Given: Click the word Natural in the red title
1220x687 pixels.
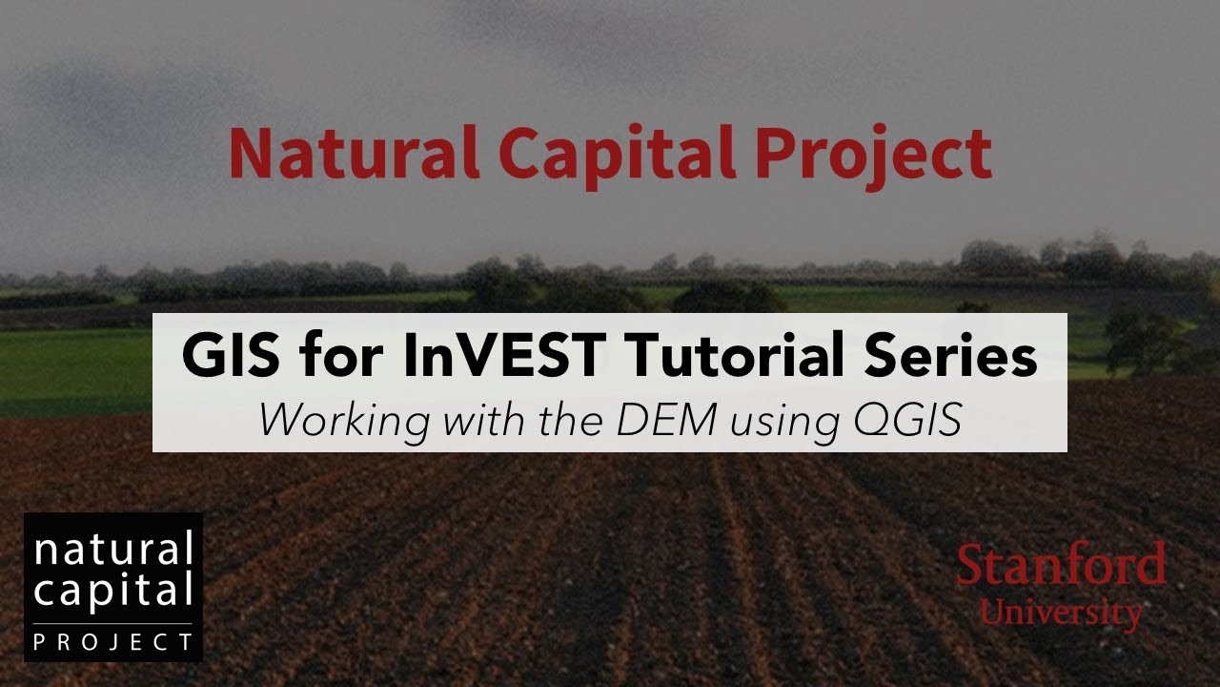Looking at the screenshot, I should (354, 154).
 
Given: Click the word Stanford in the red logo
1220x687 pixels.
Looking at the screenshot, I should (1061, 565).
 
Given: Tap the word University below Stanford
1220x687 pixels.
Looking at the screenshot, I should (1062, 612).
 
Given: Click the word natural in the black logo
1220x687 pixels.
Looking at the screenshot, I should (113, 551).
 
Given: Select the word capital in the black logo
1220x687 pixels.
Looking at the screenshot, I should (113, 593).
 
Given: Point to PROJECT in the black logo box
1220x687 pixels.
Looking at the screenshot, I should (113, 642).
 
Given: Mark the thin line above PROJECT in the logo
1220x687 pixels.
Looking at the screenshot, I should (113, 624).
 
